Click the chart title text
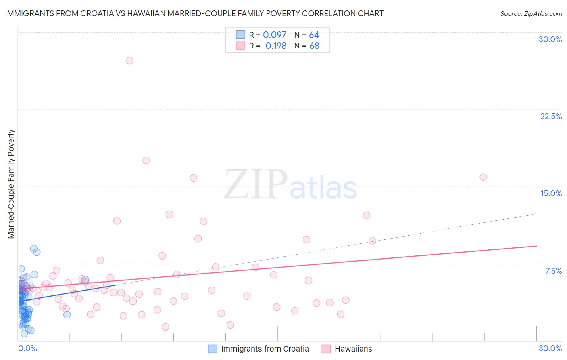click(194, 13)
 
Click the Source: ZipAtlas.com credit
click(531, 13)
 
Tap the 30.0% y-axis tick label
click(550, 39)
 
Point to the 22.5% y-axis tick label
click(551, 116)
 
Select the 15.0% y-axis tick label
click(551, 193)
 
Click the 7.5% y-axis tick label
click(553, 271)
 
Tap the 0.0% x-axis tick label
click(27, 348)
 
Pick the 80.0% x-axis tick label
click(550, 348)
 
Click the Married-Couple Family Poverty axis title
click(11, 184)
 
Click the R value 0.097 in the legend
click(275, 35)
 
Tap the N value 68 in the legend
click(314, 46)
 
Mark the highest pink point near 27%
click(129, 61)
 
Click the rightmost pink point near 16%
click(483, 177)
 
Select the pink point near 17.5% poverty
click(146, 160)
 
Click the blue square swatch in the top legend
click(240, 35)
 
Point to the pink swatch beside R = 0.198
click(240, 46)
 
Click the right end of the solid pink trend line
click(536, 246)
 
